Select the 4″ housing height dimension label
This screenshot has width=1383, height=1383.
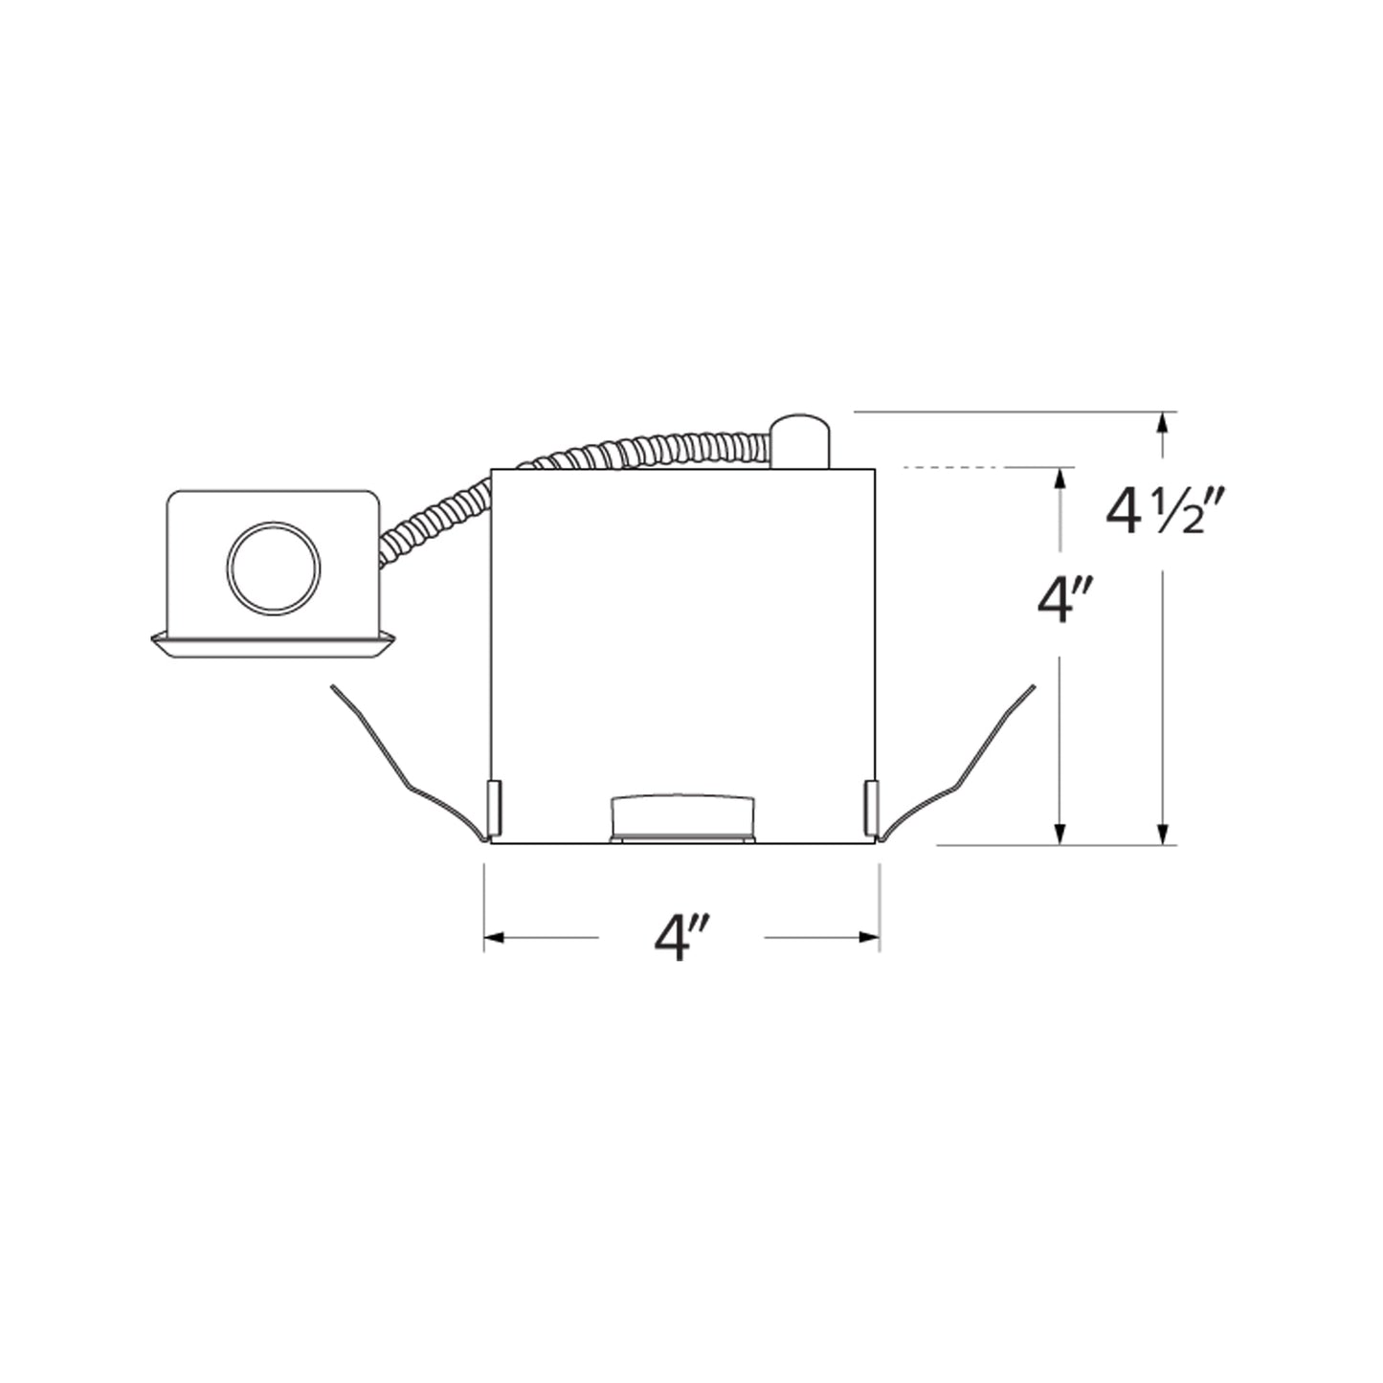(x=1065, y=603)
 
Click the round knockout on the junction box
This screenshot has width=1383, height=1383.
(x=274, y=569)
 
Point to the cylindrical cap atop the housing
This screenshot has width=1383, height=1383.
(x=801, y=440)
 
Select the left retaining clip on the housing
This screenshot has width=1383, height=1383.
(x=495, y=806)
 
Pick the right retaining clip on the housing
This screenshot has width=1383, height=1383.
(x=871, y=806)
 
